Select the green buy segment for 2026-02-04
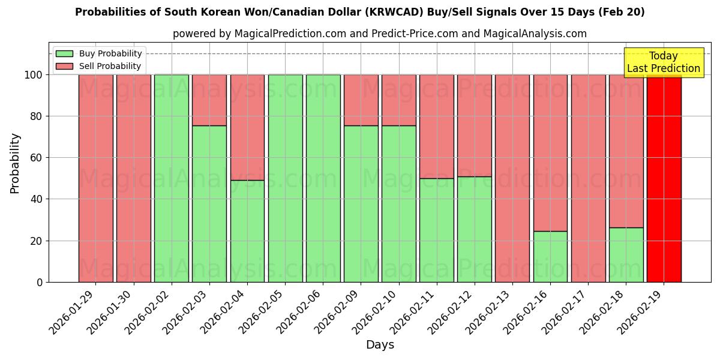coord(247,231)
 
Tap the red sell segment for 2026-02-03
coord(209,100)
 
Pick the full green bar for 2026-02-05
coord(285,178)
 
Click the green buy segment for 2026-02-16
coord(550,256)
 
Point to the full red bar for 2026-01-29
coord(95,178)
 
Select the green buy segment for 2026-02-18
coord(626,254)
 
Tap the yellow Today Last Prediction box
coord(663,62)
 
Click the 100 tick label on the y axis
coord(34,75)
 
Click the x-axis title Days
coord(380,345)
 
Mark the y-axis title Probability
coord(15,163)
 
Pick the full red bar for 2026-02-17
coord(588,178)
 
